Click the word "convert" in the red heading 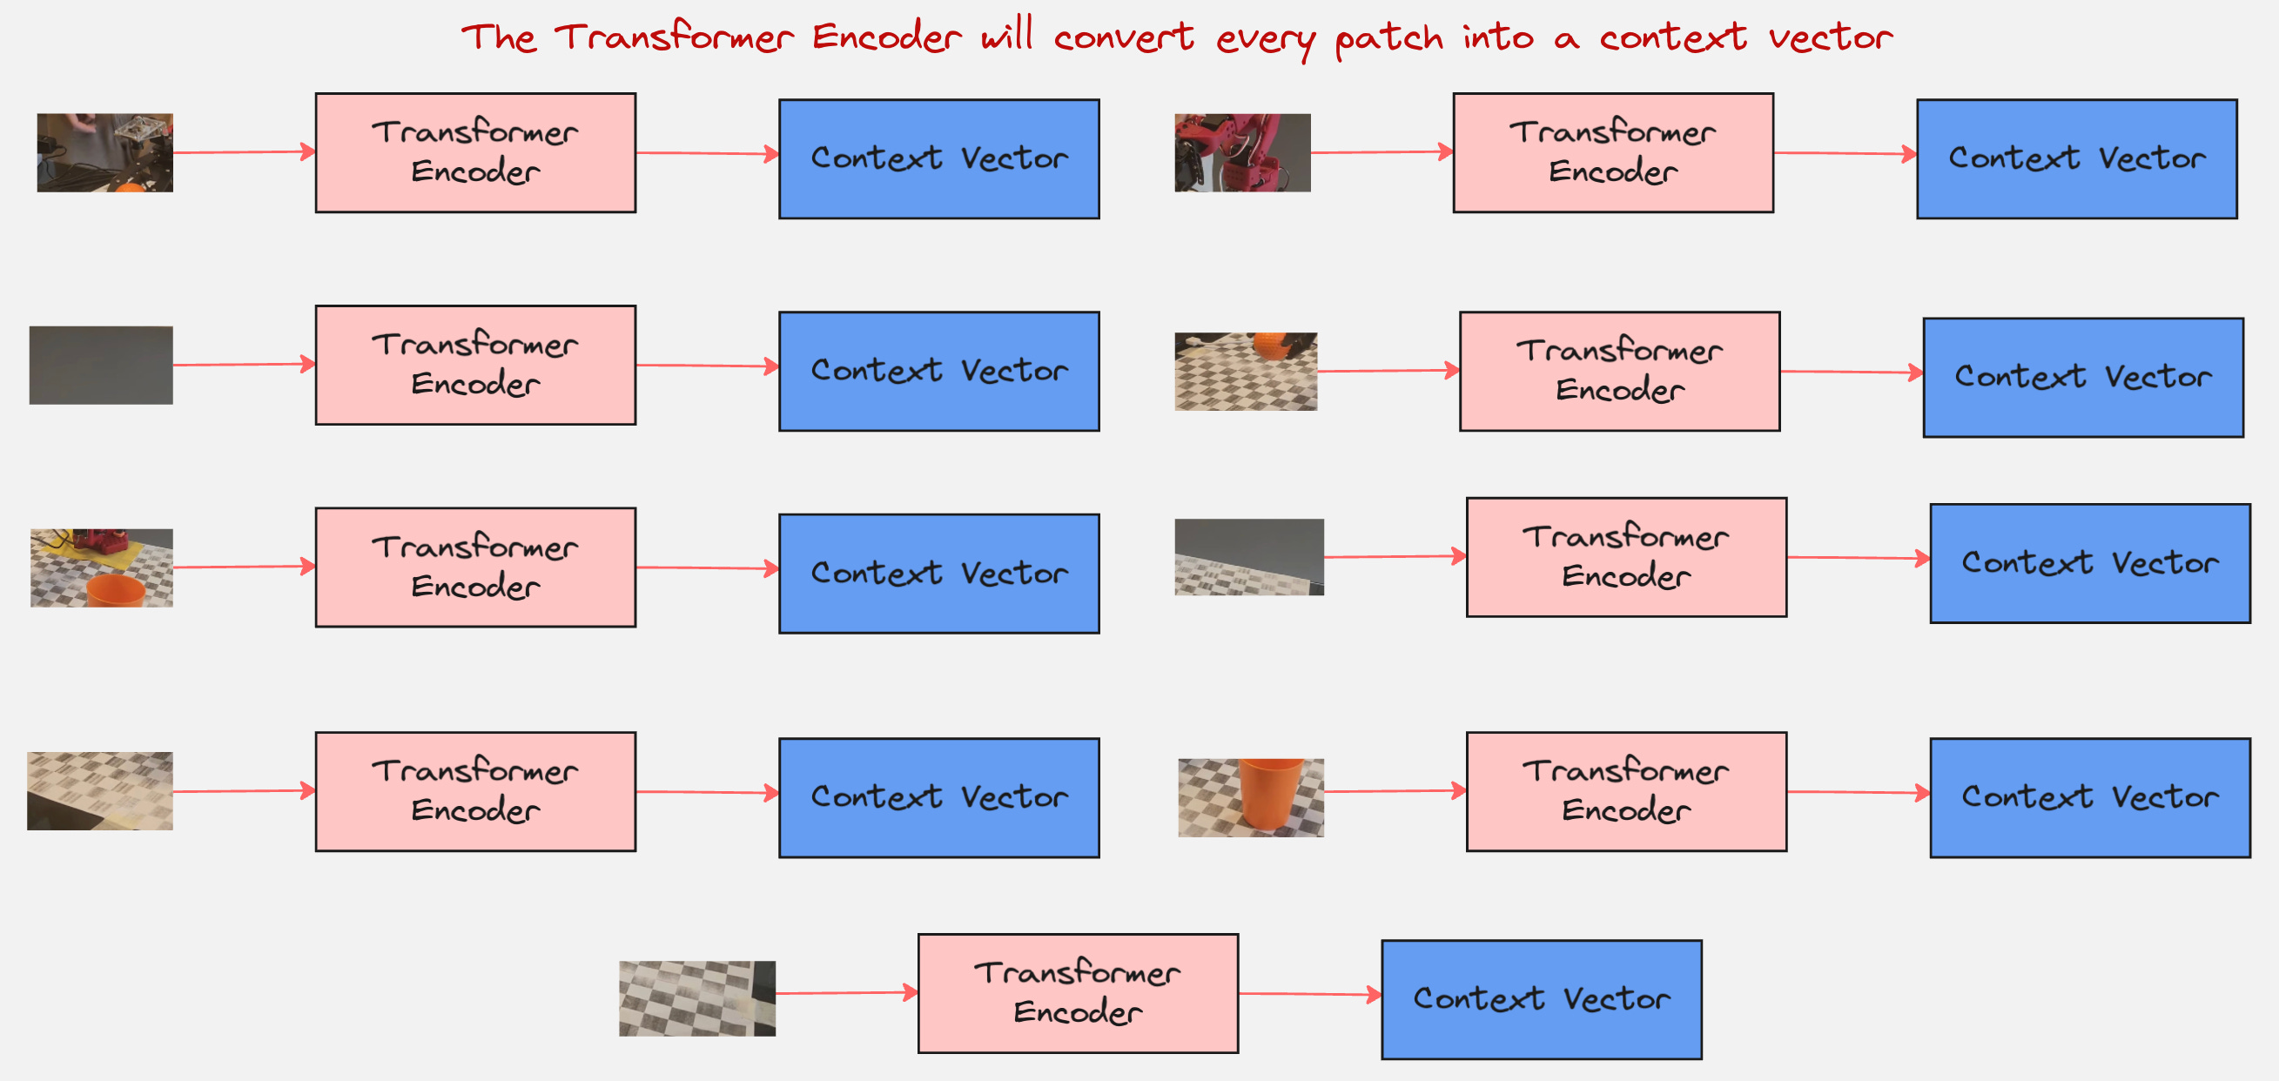coord(1123,37)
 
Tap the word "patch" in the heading coord(1388,39)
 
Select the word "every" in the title coord(1264,39)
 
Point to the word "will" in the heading coord(1006,36)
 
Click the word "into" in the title coord(1498,37)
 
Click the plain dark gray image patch coord(101,366)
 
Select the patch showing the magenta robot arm coord(1242,152)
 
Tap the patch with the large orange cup coord(1251,797)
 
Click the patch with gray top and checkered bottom coord(1249,557)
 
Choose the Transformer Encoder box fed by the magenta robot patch coord(1613,153)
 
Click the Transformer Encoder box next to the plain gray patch coord(475,366)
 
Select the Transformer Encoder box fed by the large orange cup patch coord(1626,792)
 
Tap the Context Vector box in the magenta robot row coord(2076,159)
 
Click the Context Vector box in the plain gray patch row coord(938,372)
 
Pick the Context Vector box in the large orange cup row coord(2090,798)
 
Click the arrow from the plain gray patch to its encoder coord(244,365)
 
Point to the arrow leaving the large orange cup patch coord(1395,791)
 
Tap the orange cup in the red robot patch coord(116,590)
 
